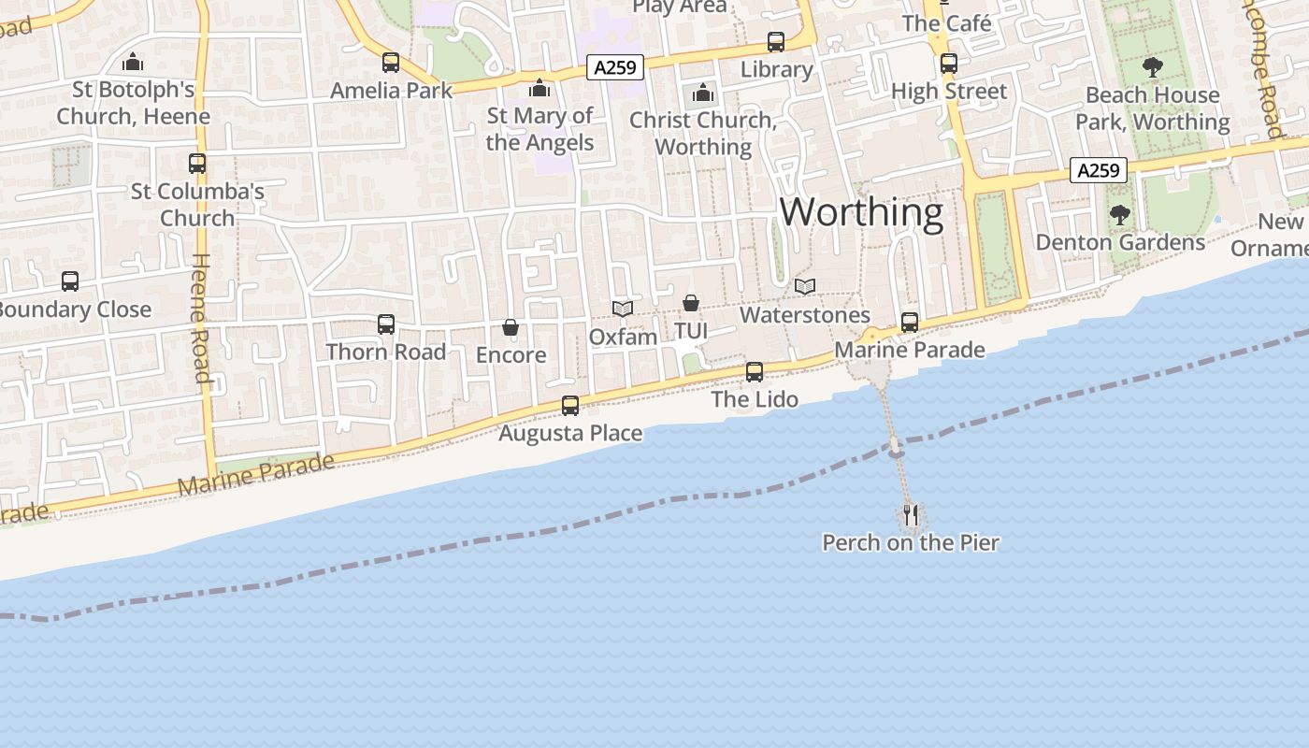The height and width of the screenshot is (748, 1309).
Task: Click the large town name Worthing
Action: (861, 212)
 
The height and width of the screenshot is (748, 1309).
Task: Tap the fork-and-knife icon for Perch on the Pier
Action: (911, 515)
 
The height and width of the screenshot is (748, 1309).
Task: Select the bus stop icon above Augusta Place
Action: (570, 406)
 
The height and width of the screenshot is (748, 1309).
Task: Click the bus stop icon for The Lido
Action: (755, 372)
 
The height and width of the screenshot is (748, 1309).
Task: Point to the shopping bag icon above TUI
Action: (691, 303)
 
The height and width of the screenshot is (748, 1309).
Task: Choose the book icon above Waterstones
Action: (804, 286)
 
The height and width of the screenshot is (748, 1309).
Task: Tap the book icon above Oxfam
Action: (623, 309)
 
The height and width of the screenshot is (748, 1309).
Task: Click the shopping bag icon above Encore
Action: (511, 327)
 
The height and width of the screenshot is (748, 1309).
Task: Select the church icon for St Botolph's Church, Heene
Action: (133, 63)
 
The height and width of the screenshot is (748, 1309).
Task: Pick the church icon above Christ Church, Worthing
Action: (702, 93)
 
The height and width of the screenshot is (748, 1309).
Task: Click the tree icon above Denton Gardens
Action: (1119, 215)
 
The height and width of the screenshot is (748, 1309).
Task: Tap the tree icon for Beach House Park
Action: (1152, 67)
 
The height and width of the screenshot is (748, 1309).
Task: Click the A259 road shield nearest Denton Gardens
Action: (1098, 170)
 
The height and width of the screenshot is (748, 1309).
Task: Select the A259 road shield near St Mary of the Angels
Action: (615, 67)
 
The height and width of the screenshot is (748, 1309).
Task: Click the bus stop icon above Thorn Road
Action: (386, 324)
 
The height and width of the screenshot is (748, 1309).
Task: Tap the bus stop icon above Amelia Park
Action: (391, 63)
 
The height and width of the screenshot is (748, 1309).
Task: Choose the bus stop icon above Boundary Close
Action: (70, 280)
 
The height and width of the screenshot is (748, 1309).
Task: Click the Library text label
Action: (776, 69)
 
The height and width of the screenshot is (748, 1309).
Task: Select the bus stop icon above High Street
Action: (949, 64)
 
